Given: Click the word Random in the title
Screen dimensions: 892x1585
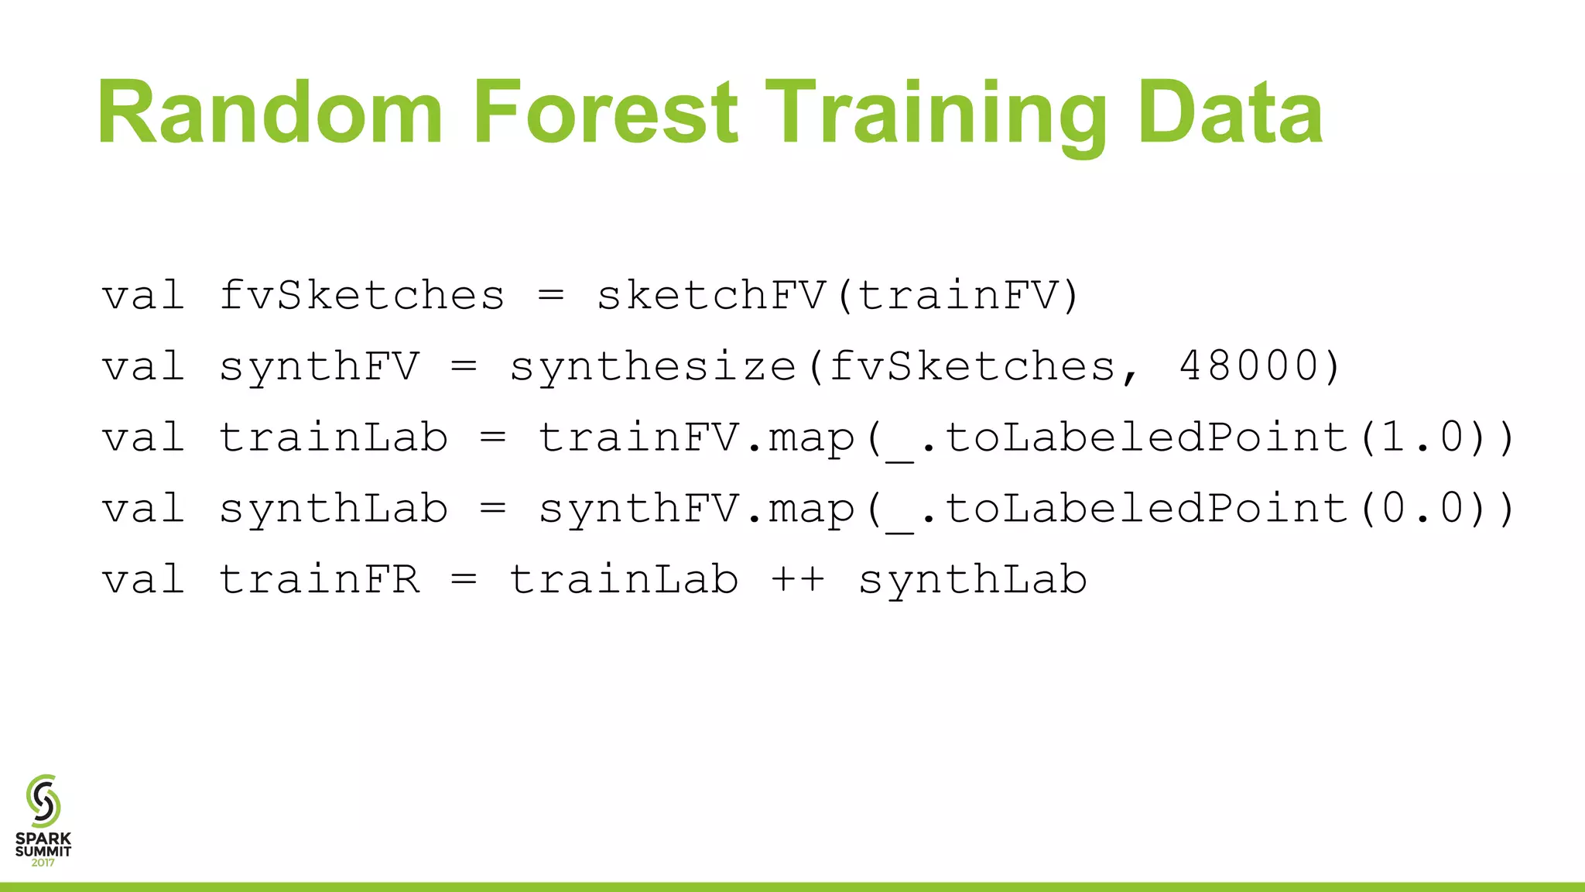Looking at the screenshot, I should coord(270,113).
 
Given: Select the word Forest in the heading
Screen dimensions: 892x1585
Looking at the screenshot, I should coord(604,113).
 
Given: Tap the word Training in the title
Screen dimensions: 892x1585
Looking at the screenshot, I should coord(935,115).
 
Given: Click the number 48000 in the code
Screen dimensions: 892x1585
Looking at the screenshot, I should coord(1248,365).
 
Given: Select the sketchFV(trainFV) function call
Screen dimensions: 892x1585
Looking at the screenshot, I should coord(837,295).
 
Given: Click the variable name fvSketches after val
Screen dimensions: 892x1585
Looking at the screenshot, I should coord(361,295).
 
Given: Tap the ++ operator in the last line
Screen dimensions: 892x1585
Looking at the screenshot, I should coord(798,579).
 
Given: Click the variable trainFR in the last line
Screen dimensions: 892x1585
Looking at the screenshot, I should coord(319,579).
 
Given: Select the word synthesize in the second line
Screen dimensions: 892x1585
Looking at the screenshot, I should coord(652,365).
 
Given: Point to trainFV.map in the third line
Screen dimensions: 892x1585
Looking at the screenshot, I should coord(697,437).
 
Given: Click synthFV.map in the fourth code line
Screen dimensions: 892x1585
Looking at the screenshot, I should coord(697,509).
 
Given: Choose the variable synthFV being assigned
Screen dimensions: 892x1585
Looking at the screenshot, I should coord(319,365).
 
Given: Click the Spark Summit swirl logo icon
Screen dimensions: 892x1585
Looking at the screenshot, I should coord(43,801).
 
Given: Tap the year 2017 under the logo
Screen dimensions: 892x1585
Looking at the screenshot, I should coord(43,863).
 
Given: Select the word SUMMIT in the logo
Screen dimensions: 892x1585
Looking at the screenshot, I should coord(43,851).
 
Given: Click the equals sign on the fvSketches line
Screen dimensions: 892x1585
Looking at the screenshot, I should coord(551,295).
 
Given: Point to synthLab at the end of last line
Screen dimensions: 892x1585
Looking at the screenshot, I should coord(972,579).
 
